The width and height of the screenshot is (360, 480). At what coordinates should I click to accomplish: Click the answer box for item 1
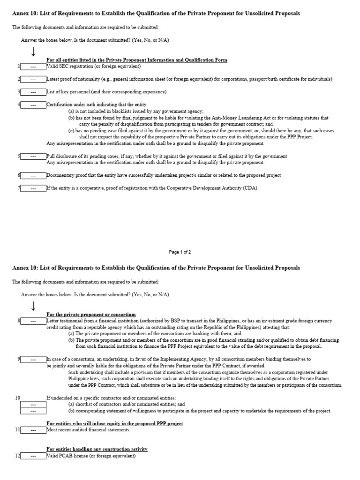33,67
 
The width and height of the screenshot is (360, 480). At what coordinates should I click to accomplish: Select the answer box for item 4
33,105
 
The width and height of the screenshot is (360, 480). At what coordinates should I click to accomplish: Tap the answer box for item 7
33,188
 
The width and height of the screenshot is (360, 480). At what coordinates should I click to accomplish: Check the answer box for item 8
33,321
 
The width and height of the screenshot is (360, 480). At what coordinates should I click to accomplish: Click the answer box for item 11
33,429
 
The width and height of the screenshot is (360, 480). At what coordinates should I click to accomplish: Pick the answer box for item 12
33,456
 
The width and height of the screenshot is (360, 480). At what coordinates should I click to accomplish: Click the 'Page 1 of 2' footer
180,252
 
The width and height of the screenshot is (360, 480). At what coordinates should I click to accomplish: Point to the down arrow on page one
33,51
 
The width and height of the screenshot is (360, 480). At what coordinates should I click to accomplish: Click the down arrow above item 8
33,306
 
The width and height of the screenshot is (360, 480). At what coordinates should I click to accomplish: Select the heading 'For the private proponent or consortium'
91,314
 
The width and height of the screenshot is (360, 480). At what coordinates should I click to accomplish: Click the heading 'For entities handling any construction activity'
97,449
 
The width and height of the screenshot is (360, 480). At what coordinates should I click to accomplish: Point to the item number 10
17,397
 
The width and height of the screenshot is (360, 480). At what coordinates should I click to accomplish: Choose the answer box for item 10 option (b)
33,411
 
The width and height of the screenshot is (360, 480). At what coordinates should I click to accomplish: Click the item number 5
19,156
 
